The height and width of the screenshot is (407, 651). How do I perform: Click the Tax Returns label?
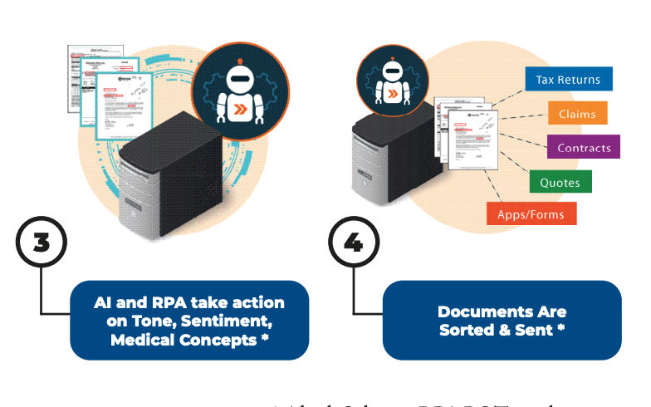[x=568, y=80]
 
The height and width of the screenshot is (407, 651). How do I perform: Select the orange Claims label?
[x=576, y=114]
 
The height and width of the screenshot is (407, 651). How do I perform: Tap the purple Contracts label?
[x=584, y=148]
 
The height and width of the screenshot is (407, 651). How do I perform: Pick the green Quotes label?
[x=560, y=182]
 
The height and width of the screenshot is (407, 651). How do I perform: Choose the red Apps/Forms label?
[x=531, y=214]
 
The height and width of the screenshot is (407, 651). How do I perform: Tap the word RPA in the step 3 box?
[x=172, y=303]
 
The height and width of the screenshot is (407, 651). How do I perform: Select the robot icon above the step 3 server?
[x=241, y=89]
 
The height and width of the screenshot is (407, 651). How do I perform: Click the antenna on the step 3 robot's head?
[x=241, y=60]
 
